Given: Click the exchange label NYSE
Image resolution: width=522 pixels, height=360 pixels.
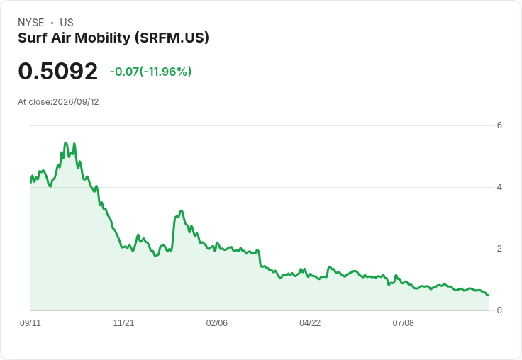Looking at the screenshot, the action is [x=31, y=23].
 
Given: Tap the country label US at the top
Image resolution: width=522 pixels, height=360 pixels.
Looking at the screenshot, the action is [x=67, y=23].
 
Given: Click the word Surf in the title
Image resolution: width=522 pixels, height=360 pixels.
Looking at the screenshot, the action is [x=33, y=38].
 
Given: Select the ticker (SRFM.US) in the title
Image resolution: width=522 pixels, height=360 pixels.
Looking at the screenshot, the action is [x=172, y=38].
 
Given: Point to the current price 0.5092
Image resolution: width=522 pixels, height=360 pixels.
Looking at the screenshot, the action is [x=58, y=71].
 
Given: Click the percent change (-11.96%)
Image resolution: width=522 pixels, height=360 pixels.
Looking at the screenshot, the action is [x=165, y=72].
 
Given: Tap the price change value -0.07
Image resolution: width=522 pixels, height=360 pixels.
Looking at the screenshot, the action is [x=124, y=72].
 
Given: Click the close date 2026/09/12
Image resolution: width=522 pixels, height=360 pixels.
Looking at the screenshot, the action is [x=76, y=102].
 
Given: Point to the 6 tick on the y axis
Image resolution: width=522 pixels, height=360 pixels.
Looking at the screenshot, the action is [x=499, y=125].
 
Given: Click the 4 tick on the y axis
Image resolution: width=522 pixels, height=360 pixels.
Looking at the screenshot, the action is [x=499, y=187].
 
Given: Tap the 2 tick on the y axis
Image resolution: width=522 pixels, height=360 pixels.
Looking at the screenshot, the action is [x=499, y=249].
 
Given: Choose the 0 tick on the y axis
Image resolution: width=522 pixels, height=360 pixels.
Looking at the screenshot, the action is [x=499, y=310].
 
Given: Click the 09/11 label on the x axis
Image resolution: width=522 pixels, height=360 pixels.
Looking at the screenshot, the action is [x=30, y=323].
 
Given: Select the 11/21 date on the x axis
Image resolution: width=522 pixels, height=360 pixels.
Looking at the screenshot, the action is [x=123, y=323].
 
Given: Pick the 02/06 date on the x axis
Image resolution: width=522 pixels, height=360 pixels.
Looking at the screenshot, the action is [x=217, y=323].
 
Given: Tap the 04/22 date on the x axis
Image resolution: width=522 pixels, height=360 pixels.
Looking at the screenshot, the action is [x=310, y=323].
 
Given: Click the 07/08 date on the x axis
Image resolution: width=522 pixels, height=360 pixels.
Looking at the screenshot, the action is [x=403, y=323].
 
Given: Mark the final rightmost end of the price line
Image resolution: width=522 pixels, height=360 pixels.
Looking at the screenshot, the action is [x=489, y=295].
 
